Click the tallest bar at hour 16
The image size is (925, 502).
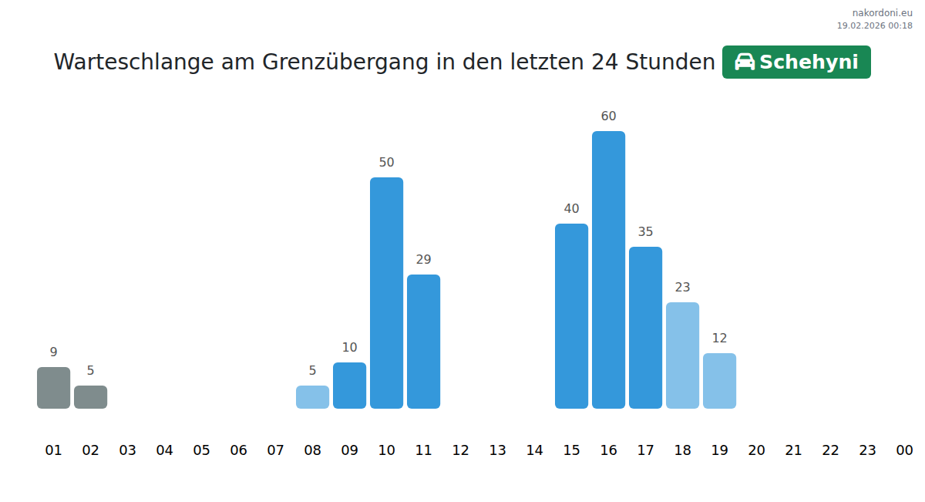pyautogui.click(x=608, y=270)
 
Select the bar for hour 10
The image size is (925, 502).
pyautogui.click(x=386, y=293)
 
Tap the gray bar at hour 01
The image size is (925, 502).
pyautogui.click(x=53, y=388)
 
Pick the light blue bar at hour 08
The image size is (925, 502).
pyautogui.click(x=312, y=397)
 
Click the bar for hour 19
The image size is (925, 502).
pyautogui.click(x=719, y=381)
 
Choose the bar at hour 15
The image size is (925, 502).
pyautogui.click(x=571, y=316)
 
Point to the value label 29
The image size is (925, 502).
pyautogui.click(x=423, y=260)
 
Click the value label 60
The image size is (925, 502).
pyautogui.click(x=608, y=116)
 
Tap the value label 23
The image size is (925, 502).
pyautogui.click(x=682, y=288)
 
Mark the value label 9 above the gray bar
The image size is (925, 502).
pyautogui.click(x=53, y=352)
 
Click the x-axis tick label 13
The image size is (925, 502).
pyautogui.click(x=497, y=450)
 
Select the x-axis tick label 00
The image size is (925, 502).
pyautogui.click(x=904, y=450)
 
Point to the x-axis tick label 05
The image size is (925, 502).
pyautogui.click(x=201, y=450)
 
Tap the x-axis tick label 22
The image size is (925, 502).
pyautogui.click(x=830, y=450)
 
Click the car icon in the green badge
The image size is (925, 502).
pyautogui.click(x=745, y=62)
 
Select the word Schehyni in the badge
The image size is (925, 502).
pyautogui.click(x=809, y=62)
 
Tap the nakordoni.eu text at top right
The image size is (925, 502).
pyautogui.click(x=882, y=13)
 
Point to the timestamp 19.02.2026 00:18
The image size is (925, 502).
pyautogui.click(x=874, y=25)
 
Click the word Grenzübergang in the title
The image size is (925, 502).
pyautogui.click(x=345, y=62)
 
